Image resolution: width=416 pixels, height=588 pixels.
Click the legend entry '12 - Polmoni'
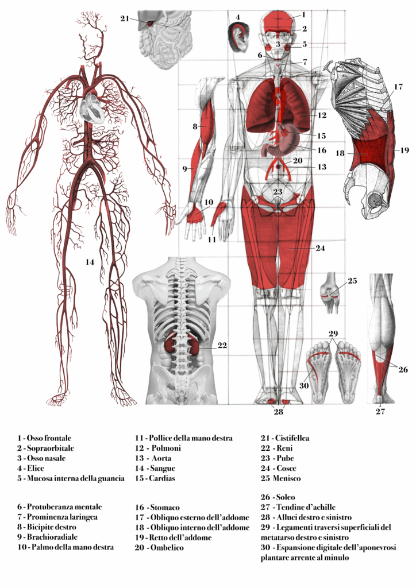(158, 448)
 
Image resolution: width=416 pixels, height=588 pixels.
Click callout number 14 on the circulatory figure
(90, 262)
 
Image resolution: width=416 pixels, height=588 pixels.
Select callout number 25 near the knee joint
(352, 281)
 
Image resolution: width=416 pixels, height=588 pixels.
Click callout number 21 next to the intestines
(125, 18)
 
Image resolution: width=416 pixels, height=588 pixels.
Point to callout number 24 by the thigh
(321, 248)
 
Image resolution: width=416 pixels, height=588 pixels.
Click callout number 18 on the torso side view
(339, 154)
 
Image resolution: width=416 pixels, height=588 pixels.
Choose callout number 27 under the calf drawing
(380, 412)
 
